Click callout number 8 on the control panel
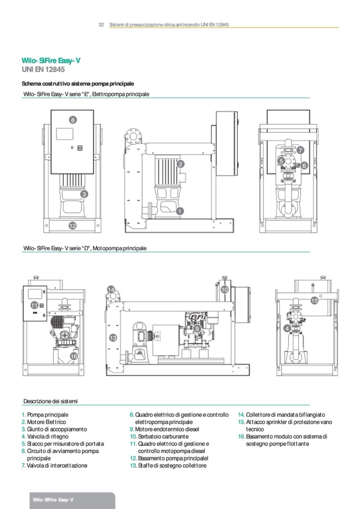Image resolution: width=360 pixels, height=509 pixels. click(x=73, y=120)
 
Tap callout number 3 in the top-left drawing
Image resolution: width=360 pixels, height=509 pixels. click(x=84, y=194)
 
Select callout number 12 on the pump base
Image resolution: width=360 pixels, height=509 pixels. click(x=73, y=226)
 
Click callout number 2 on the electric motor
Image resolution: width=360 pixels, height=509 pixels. click(x=181, y=165)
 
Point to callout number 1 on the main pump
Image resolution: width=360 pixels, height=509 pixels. click(x=179, y=211)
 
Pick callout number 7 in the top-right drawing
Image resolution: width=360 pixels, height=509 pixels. click(x=301, y=150)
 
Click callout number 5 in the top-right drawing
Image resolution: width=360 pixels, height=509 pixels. click(x=281, y=161)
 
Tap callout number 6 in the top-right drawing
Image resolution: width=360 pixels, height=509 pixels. click(x=304, y=165)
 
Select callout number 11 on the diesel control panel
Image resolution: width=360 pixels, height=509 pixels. click(x=34, y=305)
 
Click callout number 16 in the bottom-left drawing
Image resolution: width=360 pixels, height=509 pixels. click(x=74, y=356)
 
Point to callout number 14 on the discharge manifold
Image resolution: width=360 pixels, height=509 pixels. click(x=111, y=289)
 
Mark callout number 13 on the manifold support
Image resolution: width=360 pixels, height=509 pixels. click(x=113, y=338)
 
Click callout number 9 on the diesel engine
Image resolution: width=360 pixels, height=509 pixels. click(x=197, y=329)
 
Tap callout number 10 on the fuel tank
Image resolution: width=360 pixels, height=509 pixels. click(x=225, y=290)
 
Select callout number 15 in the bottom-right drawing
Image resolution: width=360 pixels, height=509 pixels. click(x=314, y=300)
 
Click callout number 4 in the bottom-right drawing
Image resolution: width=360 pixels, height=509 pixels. click(x=287, y=329)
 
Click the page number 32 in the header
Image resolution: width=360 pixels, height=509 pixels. click(x=101, y=25)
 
